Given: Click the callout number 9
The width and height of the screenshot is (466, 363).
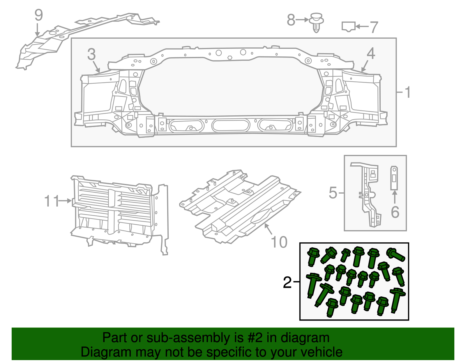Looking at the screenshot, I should (38, 15).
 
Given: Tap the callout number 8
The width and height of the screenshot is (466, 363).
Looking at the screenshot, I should (291, 20).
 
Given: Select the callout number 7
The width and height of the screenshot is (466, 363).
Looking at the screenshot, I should (374, 27).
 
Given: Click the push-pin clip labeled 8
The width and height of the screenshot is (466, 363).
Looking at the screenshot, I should (317, 22).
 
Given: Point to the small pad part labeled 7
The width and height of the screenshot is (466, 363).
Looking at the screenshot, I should (348, 26).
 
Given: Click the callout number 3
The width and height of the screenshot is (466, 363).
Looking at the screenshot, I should (91, 55).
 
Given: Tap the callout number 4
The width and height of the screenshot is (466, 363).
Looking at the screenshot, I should (371, 53).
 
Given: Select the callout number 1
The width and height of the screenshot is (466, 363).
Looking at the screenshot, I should (407, 92).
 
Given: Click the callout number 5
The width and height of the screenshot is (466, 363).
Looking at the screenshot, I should (333, 193).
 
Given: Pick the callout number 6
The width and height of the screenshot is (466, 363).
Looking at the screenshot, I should (395, 212).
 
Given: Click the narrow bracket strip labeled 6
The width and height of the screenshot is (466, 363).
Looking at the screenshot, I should (394, 178).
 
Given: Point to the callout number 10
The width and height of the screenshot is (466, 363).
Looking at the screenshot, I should (279, 242).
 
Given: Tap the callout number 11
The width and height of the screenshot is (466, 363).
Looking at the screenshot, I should (52, 201).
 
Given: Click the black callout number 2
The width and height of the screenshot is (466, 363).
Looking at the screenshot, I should (287, 282).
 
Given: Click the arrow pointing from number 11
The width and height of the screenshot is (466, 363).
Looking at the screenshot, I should (65, 201).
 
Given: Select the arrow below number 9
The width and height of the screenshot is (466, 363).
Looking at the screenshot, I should (37, 30).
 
